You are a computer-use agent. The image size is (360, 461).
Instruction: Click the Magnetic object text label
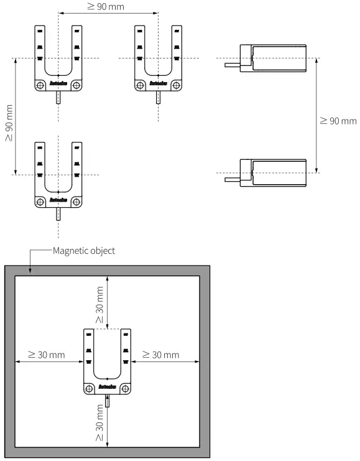click(84, 251)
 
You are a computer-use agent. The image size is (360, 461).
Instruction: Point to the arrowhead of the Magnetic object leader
click(30, 271)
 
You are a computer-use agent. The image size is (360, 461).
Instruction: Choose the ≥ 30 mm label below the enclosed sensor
click(101, 422)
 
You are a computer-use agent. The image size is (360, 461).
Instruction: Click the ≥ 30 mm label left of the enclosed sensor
click(46, 355)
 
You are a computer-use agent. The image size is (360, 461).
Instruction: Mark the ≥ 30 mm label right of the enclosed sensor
click(160, 355)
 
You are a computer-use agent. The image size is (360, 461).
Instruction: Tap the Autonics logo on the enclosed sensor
click(108, 388)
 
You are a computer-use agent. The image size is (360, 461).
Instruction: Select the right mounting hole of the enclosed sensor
click(126, 388)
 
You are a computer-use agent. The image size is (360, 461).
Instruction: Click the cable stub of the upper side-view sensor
click(233, 63)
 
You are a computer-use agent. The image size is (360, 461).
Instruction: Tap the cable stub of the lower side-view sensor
click(233, 178)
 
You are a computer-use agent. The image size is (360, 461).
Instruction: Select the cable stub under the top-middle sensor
click(158, 97)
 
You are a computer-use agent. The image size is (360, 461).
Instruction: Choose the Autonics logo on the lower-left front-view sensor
click(58, 200)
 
